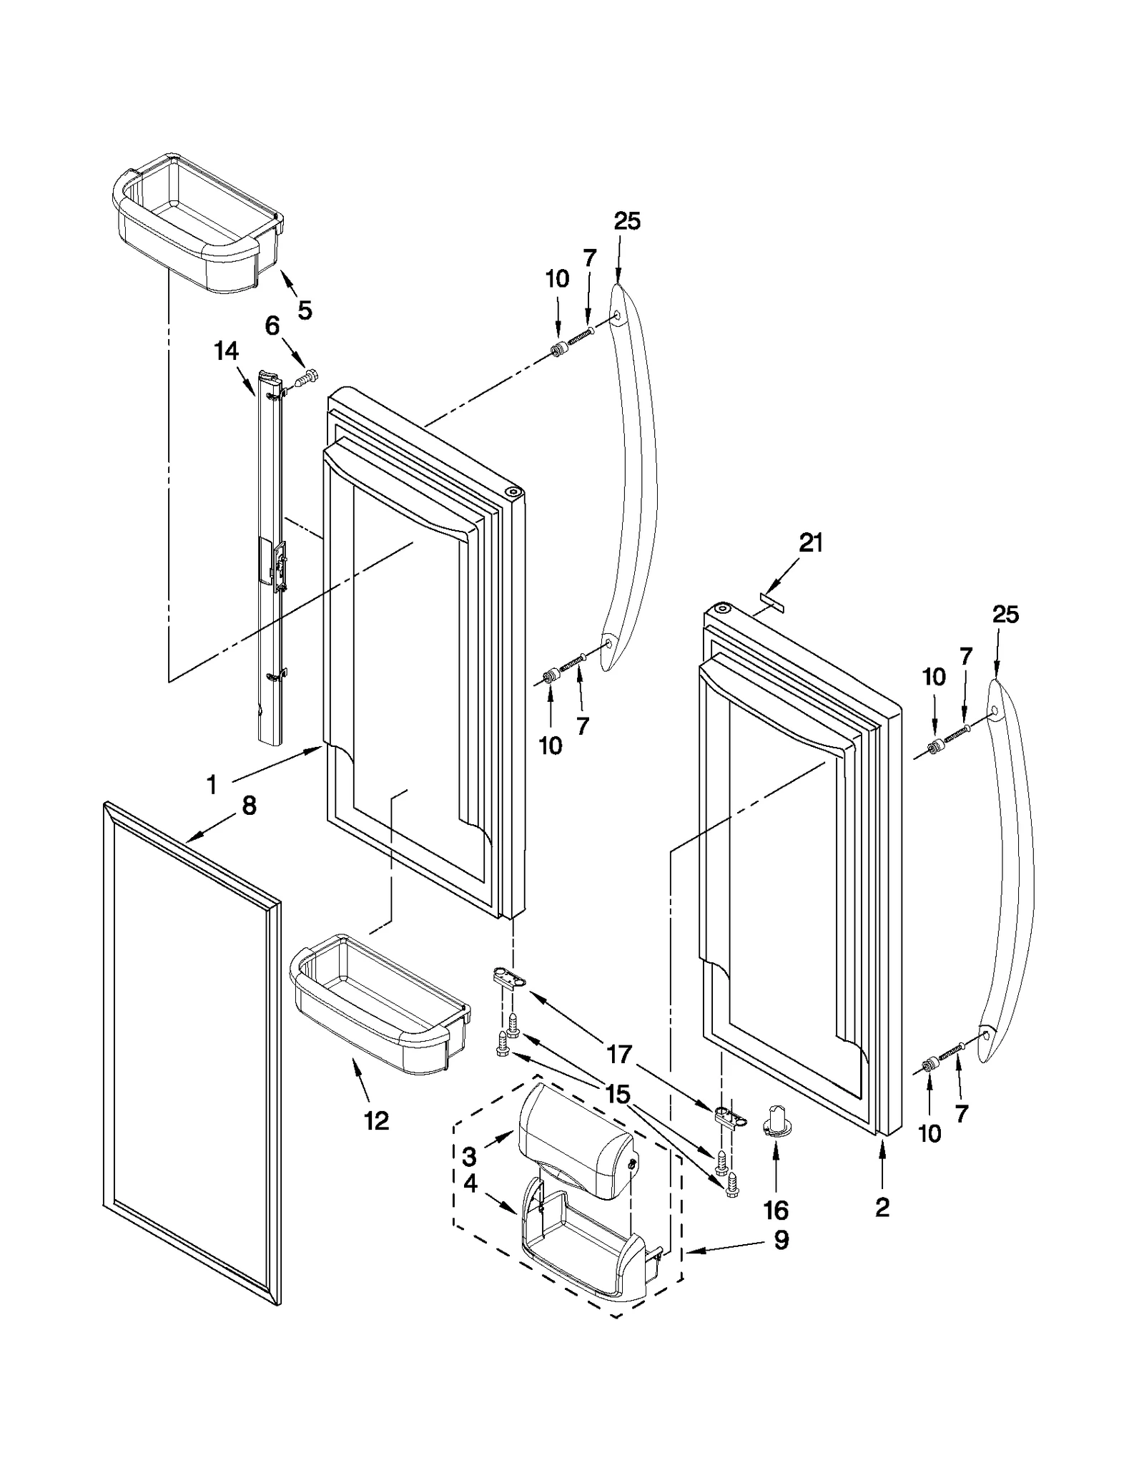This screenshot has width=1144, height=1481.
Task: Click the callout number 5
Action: point(305,311)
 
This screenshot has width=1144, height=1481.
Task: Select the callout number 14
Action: point(226,351)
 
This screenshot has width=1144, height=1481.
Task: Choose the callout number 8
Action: point(249,806)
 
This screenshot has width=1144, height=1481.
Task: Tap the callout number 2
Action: point(882,1208)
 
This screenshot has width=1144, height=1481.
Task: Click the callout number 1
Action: point(212,786)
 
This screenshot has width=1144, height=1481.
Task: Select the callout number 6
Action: point(272,326)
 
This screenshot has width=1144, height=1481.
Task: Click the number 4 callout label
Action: point(470,1184)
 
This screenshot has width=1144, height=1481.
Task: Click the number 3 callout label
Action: point(470,1156)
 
